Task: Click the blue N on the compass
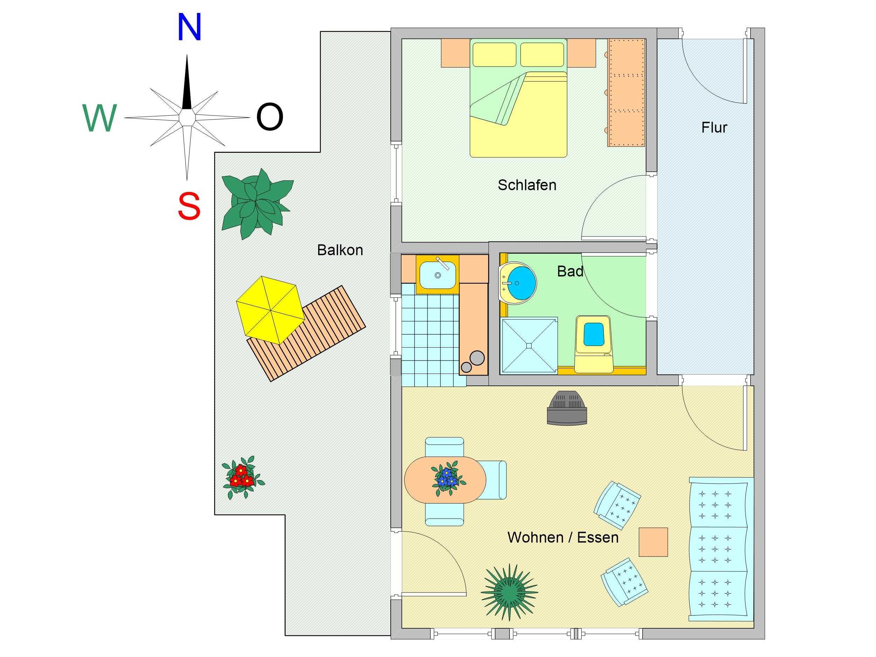[189, 27]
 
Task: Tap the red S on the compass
[189, 206]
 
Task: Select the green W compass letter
[100, 118]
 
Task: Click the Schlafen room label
[527, 185]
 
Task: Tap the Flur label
[714, 128]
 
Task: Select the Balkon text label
[340, 250]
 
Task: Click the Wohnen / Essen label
[563, 538]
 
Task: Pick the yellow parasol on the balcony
[271, 310]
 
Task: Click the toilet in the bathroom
[593, 344]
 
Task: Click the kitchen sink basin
[438, 274]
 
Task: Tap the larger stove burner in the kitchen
[477, 358]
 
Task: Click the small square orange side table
[653, 542]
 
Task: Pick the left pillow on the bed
[494, 55]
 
